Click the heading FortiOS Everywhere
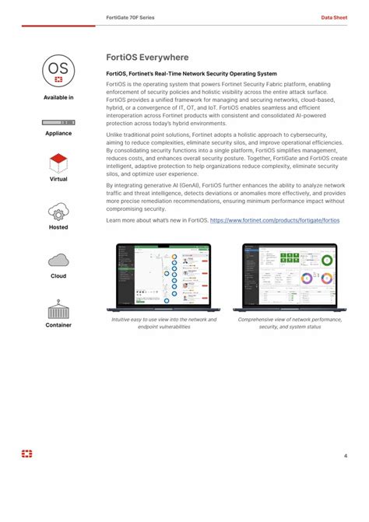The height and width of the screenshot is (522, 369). click(x=147, y=58)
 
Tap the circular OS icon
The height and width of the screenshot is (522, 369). click(x=58, y=72)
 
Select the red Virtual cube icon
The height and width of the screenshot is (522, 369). click(x=58, y=163)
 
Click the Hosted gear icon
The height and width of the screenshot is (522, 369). click(x=58, y=212)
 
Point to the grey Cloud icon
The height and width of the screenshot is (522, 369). click(x=58, y=261)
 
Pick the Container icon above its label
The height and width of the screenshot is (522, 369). click(x=58, y=310)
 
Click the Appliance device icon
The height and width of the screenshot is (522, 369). click(x=58, y=123)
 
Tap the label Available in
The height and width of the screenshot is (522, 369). click(x=58, y=97)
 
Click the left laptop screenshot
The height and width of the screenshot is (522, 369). click(x=163, y=277)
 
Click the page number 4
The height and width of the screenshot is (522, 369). click(x=345, y=456)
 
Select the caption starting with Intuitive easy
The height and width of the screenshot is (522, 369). click(x=163, y=323)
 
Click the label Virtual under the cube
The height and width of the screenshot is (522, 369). click(x=58, y=179)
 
